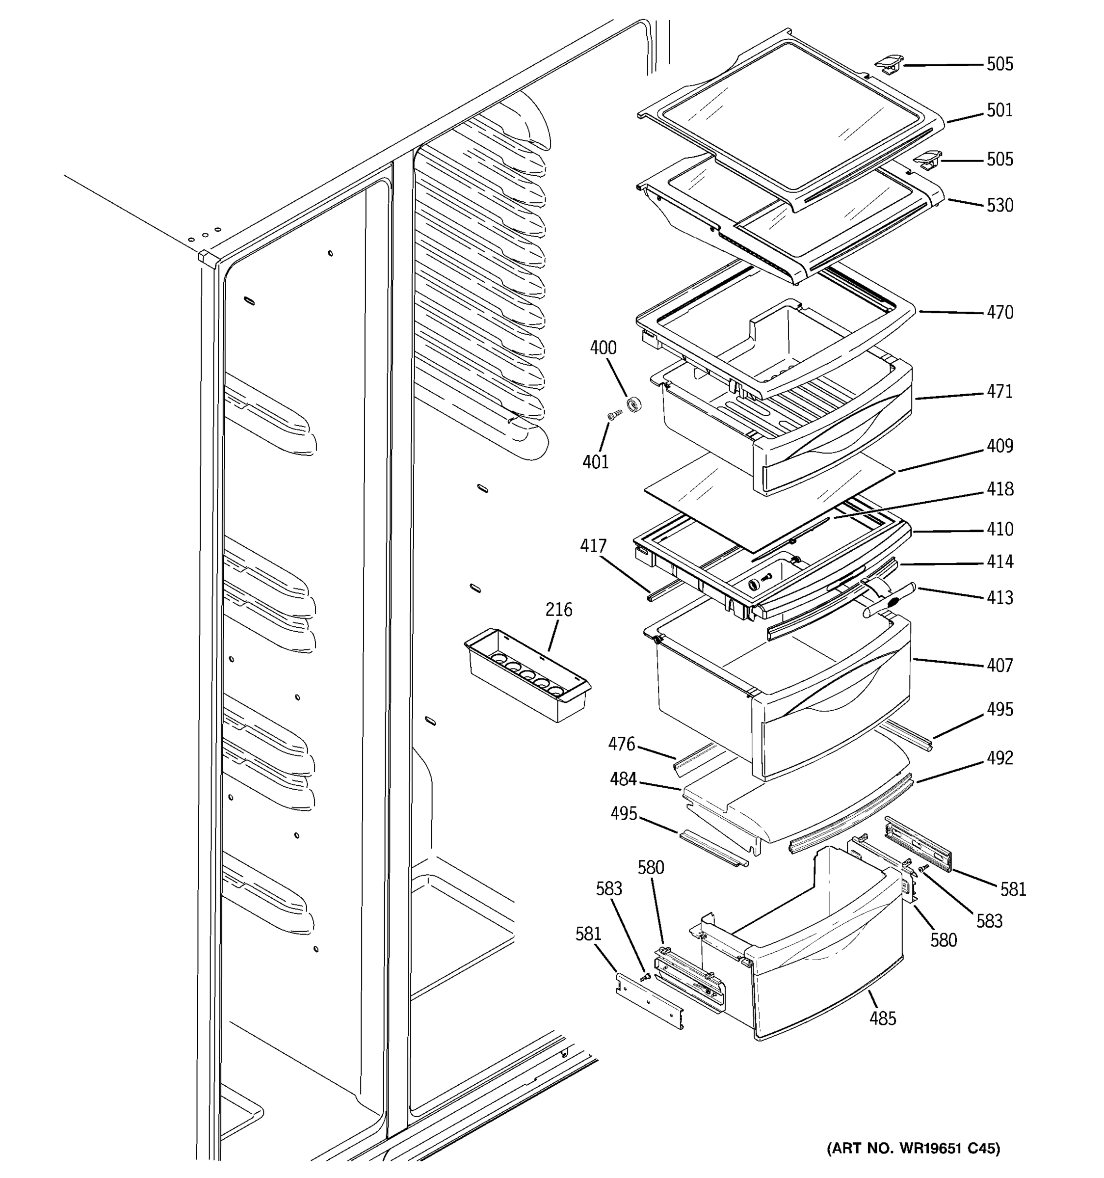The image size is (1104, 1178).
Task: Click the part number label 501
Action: pos(1000,111)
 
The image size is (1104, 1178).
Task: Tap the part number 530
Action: pos(1000,206)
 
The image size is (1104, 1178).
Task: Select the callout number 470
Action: pos(1000,312)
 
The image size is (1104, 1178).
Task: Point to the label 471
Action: pos(1000,392)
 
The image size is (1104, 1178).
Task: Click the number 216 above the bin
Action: pos(558,609)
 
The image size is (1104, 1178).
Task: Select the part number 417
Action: pos(593,546)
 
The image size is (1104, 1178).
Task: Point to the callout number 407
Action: pos(1000,666)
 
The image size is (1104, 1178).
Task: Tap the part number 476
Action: pos(621,744)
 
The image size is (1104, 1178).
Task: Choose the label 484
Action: pos(623,779)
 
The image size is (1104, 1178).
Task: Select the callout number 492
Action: pos(1000,758)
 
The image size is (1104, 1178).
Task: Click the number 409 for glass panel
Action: pos(1000,446)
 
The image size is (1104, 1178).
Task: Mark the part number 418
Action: pos(1000,489)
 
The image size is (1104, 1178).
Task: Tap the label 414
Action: pos(1000,562)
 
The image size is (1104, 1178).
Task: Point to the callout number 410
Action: pos(1000,529)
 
